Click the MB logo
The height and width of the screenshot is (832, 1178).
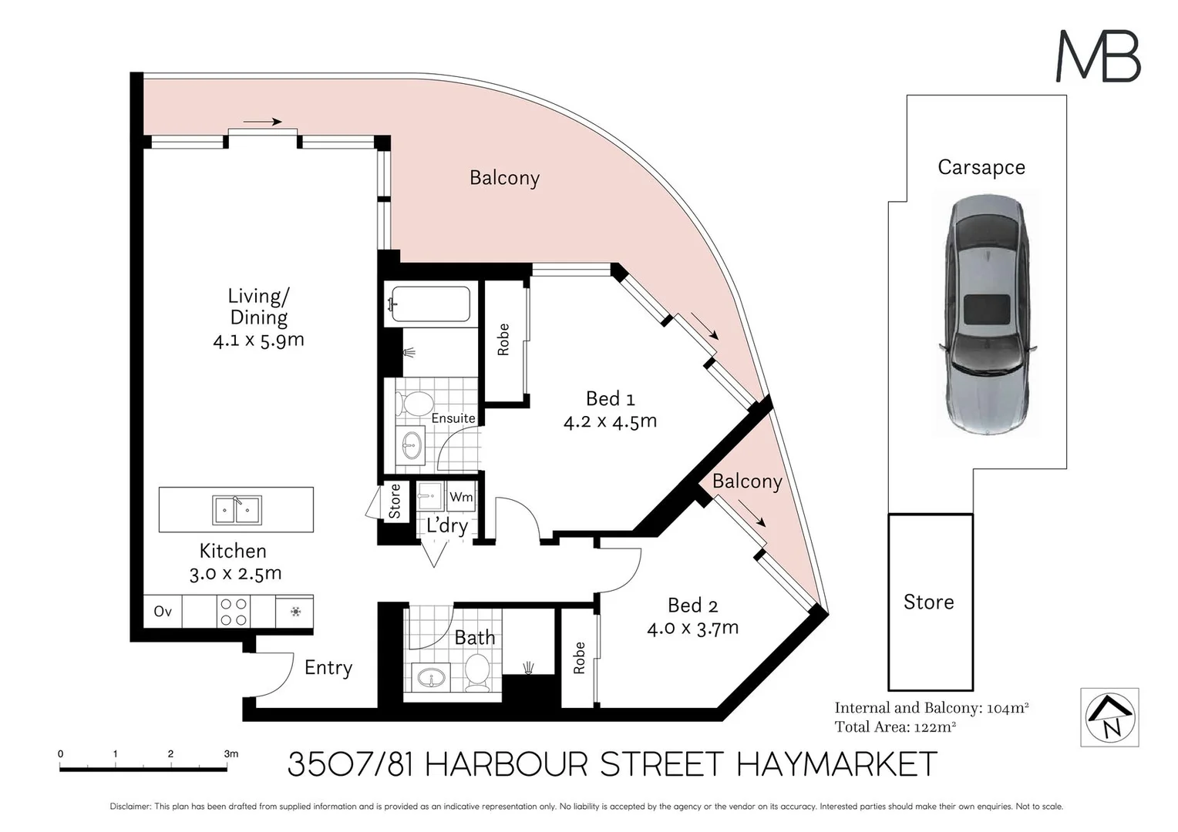(x=1098, y=55)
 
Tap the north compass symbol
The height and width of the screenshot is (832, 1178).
(x=1109, y=717)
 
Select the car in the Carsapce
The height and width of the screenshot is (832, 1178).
(x=987, y=314)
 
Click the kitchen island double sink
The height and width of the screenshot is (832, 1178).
(x=237, y=510)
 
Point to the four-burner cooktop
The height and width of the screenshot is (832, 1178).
(x=234, y=612)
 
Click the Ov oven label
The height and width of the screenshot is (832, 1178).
(x=163, y=611)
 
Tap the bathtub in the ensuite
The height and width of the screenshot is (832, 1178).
(x=431, y=304)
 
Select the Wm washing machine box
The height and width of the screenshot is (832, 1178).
(x=461, y=497)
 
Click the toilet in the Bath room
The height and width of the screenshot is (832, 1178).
(x=477, y=673)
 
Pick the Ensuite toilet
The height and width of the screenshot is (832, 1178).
(x=414, y=404)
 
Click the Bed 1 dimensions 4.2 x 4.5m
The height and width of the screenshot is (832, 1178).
(x=610, y=421)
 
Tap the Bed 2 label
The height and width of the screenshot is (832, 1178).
(x=692, y=606)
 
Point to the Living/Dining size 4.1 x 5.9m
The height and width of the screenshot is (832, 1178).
(x=259, y=340)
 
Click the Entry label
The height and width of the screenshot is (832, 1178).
(x=328, y=668)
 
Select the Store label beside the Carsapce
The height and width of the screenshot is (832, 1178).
(x=929, y=602)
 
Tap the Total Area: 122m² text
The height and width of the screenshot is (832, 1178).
(x=895, y=727)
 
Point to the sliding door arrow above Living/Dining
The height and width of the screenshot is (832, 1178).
(x=262, y=122)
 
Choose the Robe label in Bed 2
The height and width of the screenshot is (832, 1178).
(x=579, y=658)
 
